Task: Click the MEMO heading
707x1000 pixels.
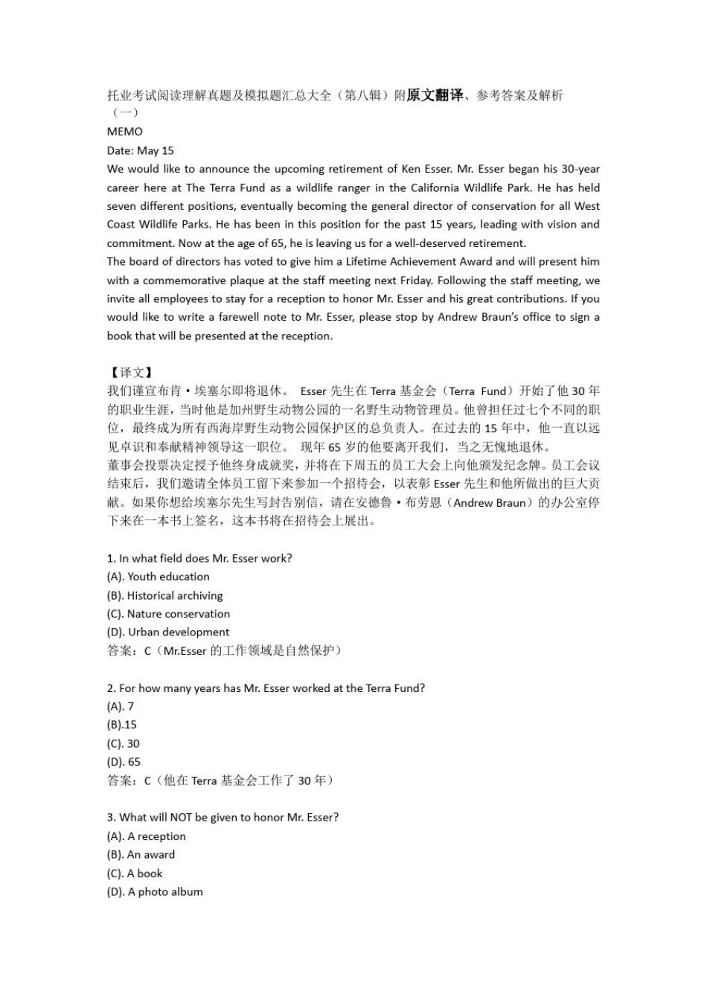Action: [x=124, y=132]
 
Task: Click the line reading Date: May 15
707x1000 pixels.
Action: [x=140, y=150]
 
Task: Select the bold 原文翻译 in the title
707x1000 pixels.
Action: [x=435, y=94]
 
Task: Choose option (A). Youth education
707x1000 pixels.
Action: [x=158, y=577]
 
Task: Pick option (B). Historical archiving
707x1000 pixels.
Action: [x=164, y=595]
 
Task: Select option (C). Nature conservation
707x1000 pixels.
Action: [x=168, y=614]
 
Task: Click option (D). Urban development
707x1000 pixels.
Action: [x=168, y=632]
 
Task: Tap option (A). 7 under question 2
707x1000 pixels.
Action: [x=120, y=706]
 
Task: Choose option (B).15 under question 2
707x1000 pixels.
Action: [x=121, y=725]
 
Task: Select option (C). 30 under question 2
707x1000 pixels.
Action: [x=123, y=743]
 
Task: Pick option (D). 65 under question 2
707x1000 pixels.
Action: [x=124, y=762]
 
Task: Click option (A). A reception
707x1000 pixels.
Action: [x=146, y=836]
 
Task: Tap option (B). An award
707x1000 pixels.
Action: [x=141, y=855]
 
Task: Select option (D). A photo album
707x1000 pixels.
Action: [x=155, y=892]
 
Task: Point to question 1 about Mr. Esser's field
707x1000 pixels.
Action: [x=199, y=558]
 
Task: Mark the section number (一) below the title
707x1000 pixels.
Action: [x=124, y=113]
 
